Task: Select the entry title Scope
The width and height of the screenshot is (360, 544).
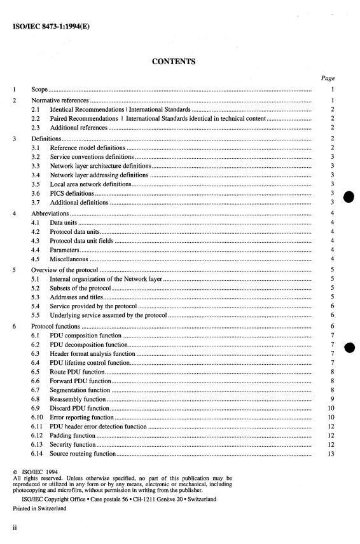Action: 40,90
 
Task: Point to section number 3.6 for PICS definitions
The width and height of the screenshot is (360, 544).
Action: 37,193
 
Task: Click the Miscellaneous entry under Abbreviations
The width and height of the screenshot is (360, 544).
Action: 68,259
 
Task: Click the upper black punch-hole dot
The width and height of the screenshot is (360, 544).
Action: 349,197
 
